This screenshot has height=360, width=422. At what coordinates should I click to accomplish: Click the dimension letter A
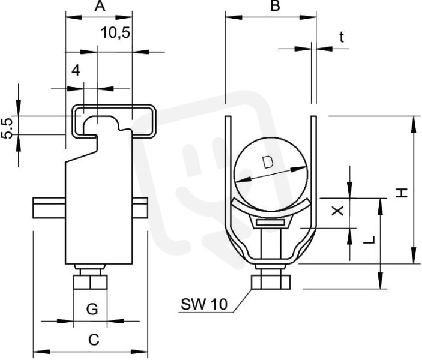click(x=100, y=6)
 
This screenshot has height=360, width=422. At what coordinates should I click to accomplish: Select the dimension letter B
click(x=275, y=6)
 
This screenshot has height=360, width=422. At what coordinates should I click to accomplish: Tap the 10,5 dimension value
click(x=115, y=33)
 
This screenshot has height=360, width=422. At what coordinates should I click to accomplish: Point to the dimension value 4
click(x=76, y=70)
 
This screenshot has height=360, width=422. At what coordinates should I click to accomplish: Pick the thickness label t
click(x=342, y=37)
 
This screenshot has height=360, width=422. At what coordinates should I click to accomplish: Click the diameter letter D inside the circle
click(x=268, y=162)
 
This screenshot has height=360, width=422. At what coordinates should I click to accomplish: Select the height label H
click(x=402, y=193)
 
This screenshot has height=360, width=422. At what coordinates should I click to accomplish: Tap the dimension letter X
click(x=337, y=211)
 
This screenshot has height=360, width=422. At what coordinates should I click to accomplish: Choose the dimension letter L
click(x=369, y=240)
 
